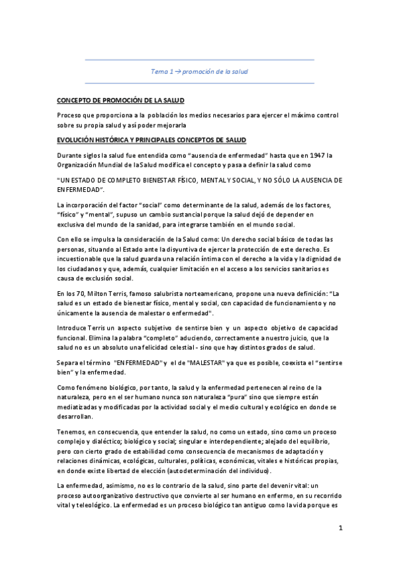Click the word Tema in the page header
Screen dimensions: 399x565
pos(160,70)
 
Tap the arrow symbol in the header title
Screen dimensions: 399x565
pos(177,70)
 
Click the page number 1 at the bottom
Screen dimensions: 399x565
pos(340,530)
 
